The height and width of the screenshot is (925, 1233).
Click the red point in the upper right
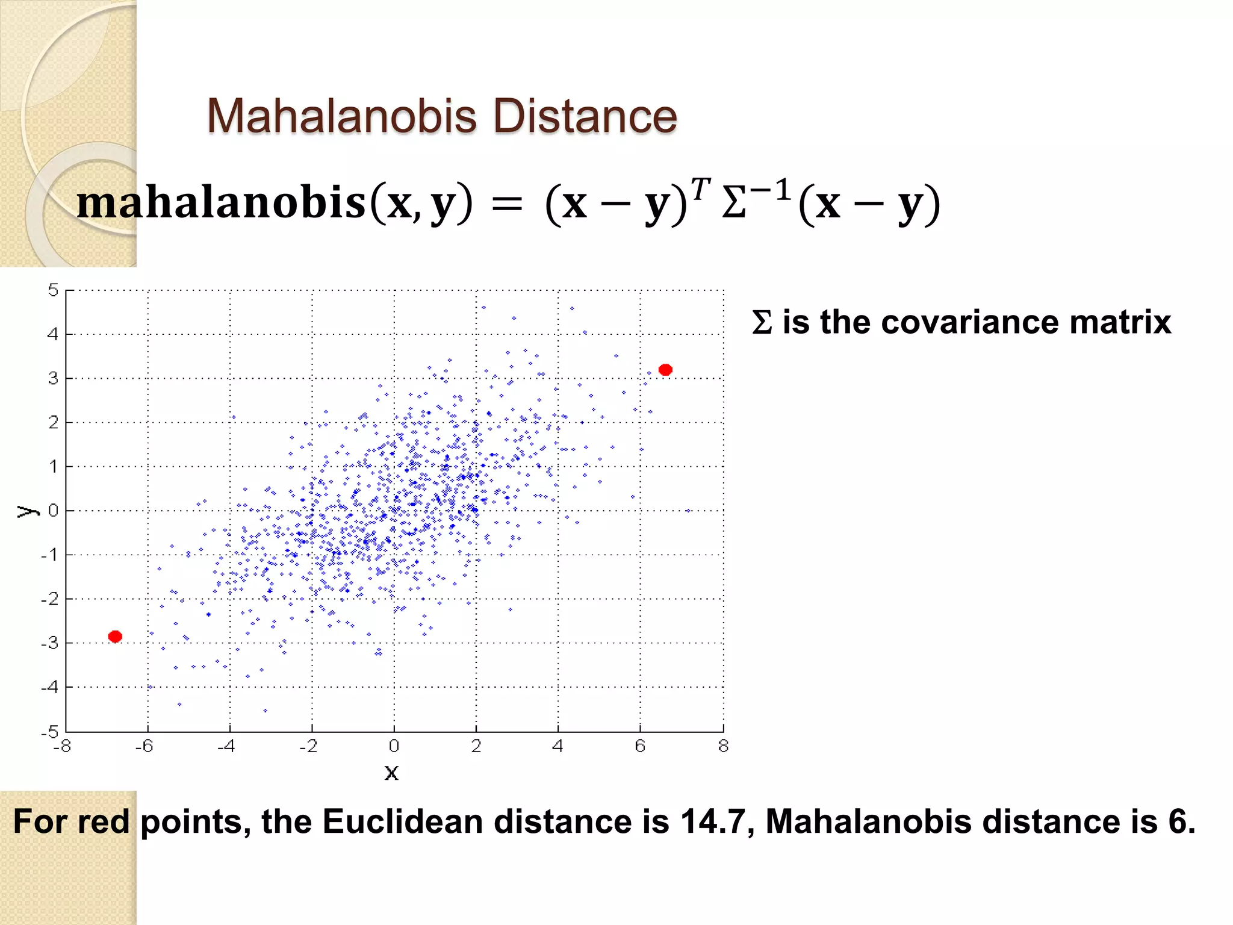coord(665,370)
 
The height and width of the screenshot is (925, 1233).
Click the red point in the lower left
coord(115,637)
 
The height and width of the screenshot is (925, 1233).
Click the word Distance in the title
coord(585,116)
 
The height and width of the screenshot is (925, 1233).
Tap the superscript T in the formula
coord(700,188)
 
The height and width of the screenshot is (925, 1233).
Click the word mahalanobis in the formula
coord(221,202)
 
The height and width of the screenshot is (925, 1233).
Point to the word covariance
coord(971,322)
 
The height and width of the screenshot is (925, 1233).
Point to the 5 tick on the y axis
coord(53,290)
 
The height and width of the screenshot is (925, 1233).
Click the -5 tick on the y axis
coord(50,732)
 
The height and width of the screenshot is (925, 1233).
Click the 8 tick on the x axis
coord(723,746)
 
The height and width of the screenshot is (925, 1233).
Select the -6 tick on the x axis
coord(144,746)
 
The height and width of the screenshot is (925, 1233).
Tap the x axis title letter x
coord(391,772)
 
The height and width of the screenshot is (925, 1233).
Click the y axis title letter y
coord(26,511)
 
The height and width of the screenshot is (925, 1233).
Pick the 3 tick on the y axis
coord(53,378)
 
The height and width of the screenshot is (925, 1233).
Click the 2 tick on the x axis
coord(476,746)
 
